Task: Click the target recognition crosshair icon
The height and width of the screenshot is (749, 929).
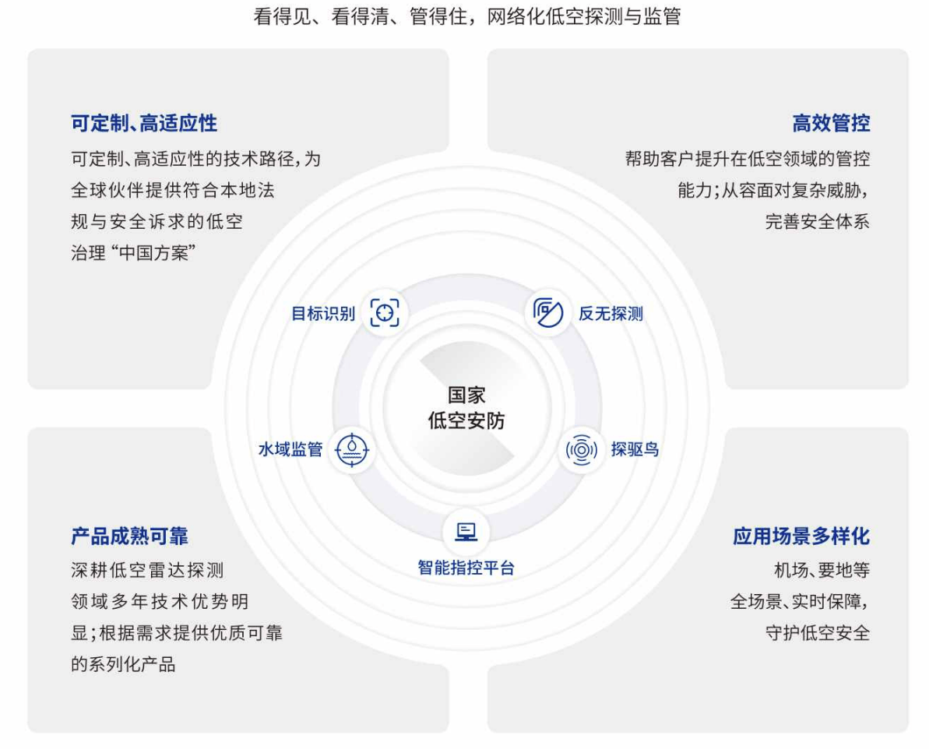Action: point(385,312)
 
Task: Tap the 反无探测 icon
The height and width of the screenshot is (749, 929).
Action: point(548,312)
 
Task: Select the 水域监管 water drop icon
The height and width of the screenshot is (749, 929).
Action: point(352,450)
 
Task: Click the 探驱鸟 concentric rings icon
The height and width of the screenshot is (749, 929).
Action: point(581,450)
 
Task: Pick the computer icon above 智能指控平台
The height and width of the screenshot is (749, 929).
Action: point(466,532)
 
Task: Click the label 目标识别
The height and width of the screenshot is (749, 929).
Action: point(323,314)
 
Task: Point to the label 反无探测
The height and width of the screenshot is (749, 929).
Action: point(611,314)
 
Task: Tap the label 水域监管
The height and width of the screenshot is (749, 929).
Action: point(290,449)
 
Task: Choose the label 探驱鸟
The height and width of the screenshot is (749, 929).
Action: point(635,449)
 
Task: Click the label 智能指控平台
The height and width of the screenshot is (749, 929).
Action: point(466,568)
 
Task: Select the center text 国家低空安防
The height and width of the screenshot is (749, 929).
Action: point(466,408)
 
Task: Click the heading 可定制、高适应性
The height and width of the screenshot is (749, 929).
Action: point(144,123)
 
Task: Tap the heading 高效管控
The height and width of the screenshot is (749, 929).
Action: point(831,123)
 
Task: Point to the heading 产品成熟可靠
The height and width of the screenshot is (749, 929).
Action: point(129,536)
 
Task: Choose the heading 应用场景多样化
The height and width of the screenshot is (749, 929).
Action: point(801,536)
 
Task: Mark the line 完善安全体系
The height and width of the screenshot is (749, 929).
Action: point(818,222)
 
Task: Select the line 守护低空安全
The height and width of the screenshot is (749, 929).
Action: point(818,633)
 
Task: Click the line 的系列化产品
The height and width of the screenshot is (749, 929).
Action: point(123,664)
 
